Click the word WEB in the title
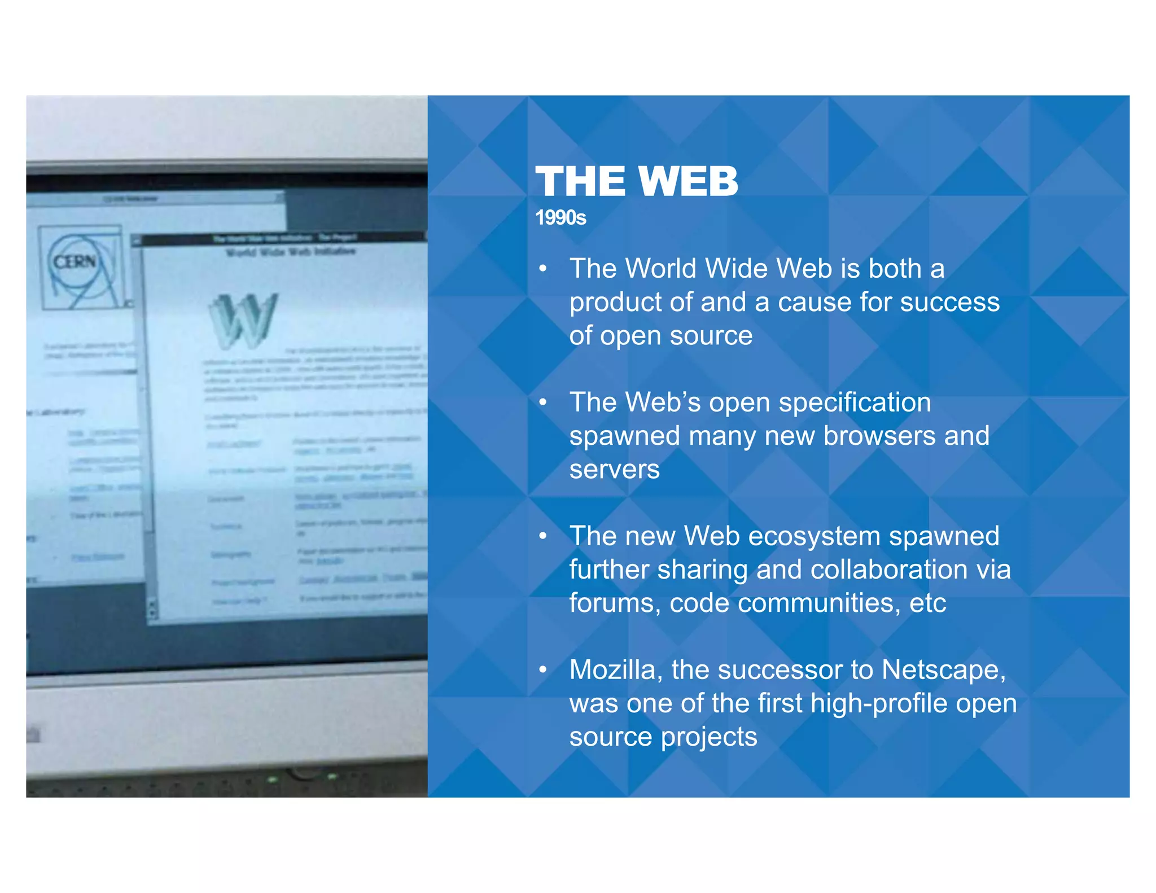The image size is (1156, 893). click(689, 182)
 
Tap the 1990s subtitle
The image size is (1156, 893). click(561, 218)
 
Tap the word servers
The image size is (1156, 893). click(614, 470)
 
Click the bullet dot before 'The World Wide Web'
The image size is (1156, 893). click(543, 269)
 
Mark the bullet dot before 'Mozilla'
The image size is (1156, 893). click(543, 671)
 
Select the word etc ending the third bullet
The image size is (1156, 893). click(927, 603)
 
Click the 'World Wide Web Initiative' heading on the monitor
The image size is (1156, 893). click(291, 252)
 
